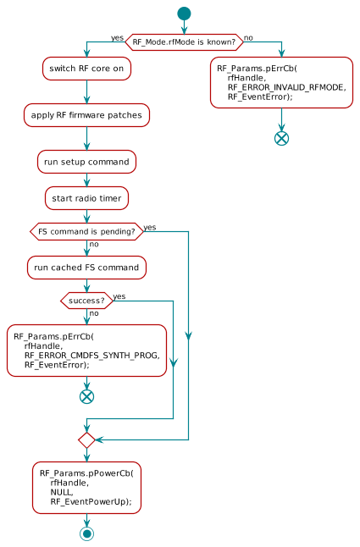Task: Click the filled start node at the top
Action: pos(184,13)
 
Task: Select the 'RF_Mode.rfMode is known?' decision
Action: pos(184,41)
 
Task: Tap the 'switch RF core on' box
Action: pos(86,69)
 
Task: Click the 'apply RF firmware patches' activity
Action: pos(86,114)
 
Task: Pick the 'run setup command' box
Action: pos(86,161)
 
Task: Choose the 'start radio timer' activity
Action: pos(86,198)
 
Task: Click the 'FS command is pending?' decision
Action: pos(86,231)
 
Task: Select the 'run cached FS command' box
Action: pos(86,268)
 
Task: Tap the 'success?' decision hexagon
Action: pos(86,300)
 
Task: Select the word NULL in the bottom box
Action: pos(61,492)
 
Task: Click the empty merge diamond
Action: pos(86,439)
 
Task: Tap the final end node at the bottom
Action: pos(86,533)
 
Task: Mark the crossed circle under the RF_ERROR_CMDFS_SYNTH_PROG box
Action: pos(86,395)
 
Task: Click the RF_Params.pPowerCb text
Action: pos(86,472)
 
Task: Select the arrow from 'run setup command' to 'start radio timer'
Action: pos(86,180)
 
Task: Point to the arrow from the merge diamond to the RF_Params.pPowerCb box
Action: pos(86,455)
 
